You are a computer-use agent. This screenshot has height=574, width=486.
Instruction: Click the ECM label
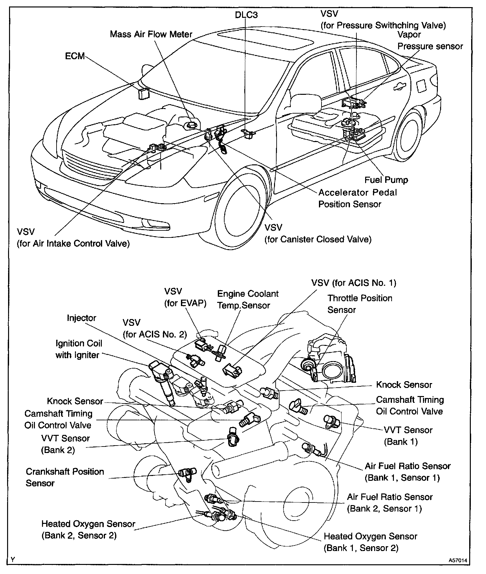point(75,56)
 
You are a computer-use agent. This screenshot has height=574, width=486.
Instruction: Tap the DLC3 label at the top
point(246,15)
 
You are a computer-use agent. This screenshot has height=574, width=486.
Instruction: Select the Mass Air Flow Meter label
point(151,34)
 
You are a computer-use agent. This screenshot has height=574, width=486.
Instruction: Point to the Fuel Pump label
point(386,180)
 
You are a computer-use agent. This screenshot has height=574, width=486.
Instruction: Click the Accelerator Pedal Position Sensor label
point(357,198)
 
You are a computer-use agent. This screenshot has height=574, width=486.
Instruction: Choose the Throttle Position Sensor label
point(360,304)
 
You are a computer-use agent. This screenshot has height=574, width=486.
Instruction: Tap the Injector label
point(81,318)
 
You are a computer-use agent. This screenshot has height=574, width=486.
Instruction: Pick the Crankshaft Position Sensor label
point(65,477)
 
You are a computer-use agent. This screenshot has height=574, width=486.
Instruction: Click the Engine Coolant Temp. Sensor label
point(248,300)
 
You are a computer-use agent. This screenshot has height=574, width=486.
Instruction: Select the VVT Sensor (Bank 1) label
point(408,436)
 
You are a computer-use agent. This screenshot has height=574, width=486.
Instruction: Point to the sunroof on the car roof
point(265,40)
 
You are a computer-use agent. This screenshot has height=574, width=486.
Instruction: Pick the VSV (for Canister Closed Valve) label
point(318,233)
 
